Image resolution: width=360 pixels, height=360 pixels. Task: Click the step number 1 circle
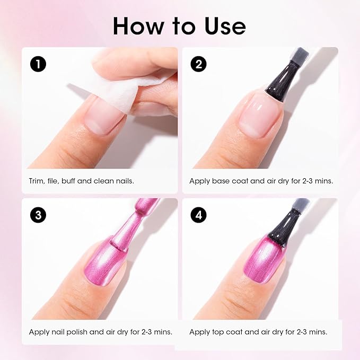(38, 64)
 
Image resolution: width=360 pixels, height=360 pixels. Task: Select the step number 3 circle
(38, 215)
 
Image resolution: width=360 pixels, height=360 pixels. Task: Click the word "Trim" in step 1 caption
(37, 181)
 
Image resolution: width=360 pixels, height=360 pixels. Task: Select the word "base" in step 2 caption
(222, 181)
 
